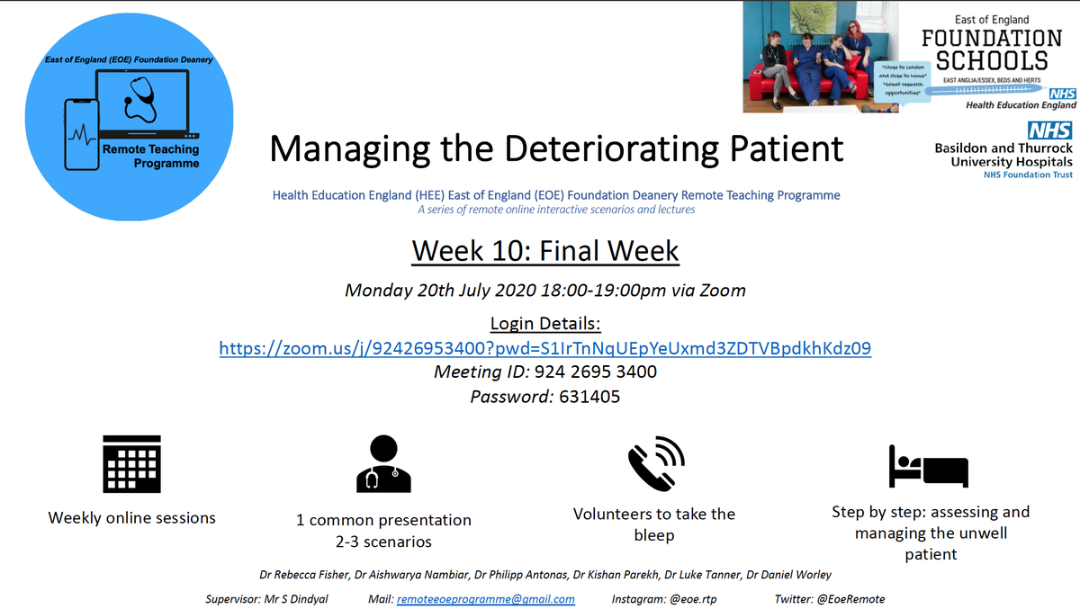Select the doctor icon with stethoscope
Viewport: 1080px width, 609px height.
(x=383, y=463)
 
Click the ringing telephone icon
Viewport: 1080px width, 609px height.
(x=655, y=462)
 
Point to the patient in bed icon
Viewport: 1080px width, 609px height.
(x=928, y=466)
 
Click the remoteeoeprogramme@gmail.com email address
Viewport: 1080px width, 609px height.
(x=485, y=599)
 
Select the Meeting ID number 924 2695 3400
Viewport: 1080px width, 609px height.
(x=595, y=372)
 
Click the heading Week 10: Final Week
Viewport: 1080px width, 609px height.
(x=544, y=251)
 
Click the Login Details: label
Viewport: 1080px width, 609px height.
(x=544, y=323)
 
